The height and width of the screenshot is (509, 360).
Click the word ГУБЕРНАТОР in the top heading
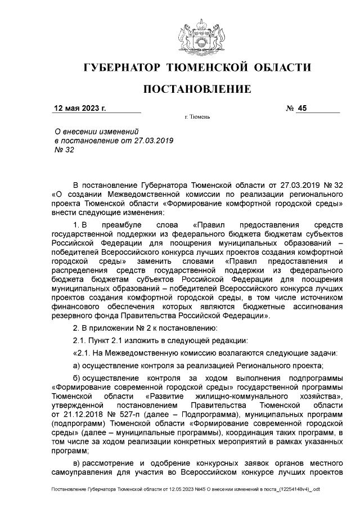(123, 68)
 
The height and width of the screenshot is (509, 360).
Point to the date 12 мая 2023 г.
(79, 109)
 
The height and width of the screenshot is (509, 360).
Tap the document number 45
(304, 109)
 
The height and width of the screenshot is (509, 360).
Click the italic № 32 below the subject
(64, 150)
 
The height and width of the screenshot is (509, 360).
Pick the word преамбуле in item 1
(127, 225)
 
